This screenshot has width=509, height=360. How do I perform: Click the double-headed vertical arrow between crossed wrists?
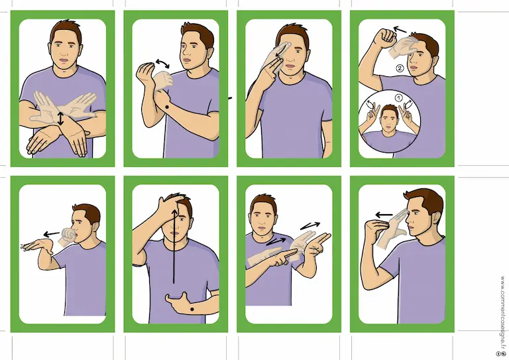point(60,119)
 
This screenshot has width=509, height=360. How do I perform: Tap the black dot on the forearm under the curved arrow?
point(167,107)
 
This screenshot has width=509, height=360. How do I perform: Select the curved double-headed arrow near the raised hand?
point(162,64)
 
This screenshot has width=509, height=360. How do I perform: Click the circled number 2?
point(400,68)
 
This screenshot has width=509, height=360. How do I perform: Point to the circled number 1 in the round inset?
point(398,98)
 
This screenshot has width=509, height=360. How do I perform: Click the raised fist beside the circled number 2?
point(384,38)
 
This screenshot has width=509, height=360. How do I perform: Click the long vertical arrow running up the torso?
point(175,246)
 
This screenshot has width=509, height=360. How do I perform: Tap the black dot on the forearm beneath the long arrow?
point(192,309)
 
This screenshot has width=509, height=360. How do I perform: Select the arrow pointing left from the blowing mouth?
point(51,234)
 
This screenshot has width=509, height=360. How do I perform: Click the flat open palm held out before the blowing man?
point(38,246)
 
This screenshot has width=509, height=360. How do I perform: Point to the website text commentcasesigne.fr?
point(502,312)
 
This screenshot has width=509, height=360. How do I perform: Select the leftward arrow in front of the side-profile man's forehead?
point(384,215)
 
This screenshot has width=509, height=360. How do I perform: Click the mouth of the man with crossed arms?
point(64,60)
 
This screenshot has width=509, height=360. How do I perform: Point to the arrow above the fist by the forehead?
point(400,30)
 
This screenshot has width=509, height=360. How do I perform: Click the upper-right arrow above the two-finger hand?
point(310,225)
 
